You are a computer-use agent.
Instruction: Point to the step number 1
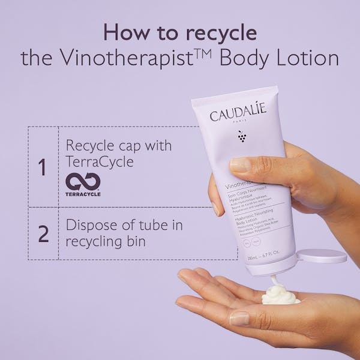[42, 167]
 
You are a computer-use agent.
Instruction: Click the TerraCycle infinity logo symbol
[83, 182]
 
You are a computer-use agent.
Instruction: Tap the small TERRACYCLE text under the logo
[83, 194]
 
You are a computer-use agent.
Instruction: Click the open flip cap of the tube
[322, 254]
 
